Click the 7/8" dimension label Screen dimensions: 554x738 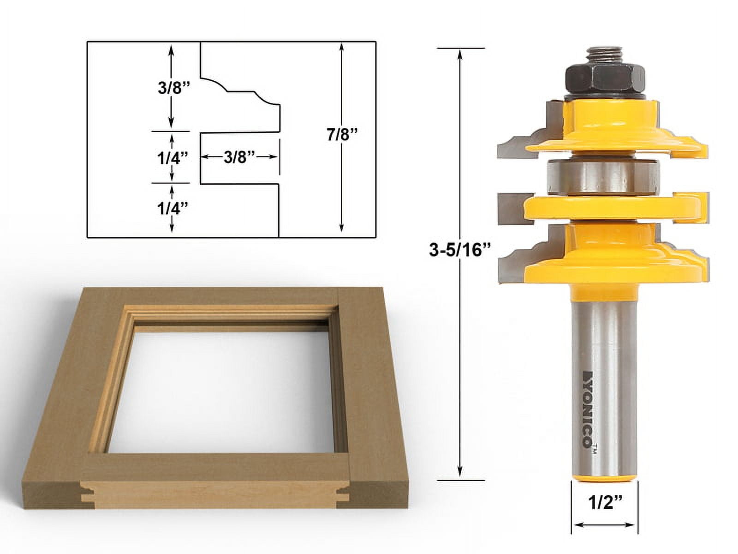tap(341, 135)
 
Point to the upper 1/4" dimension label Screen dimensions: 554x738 tap(173, 158)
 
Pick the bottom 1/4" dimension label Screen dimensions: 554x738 tap(173, 209)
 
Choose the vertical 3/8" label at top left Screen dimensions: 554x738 tap(174, 88)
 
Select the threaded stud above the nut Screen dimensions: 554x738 tap(604, 55)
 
